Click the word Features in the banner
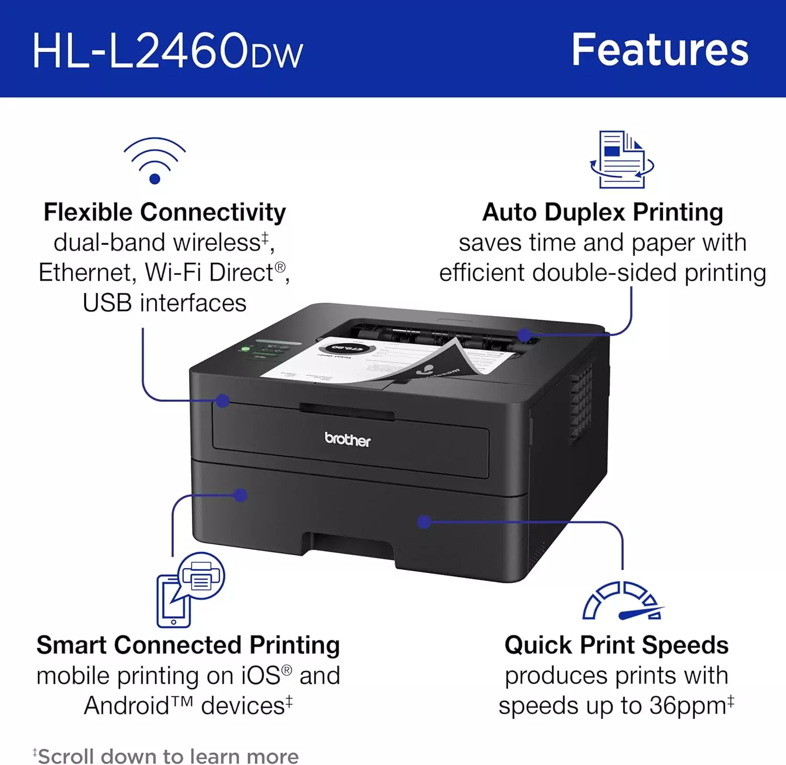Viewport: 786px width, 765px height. click(660, 50)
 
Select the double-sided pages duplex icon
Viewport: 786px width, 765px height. click(622, 160)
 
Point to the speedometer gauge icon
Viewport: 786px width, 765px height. click(623, 601)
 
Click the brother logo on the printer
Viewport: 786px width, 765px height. click(347, 439)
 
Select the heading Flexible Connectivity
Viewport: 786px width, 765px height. click(165, 212)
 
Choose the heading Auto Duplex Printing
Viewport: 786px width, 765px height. click(603, 212)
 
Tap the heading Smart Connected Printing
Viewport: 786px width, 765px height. click(188, 645)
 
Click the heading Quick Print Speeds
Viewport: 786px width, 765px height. click(616, 645)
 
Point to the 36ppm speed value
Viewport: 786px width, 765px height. click(687, 705)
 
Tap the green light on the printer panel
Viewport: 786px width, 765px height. click(245, 348)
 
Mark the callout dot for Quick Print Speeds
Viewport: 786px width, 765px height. click(424, 521)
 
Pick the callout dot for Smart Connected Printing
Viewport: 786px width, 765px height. click(241, 495)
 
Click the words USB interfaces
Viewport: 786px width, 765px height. click(165, 303)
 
